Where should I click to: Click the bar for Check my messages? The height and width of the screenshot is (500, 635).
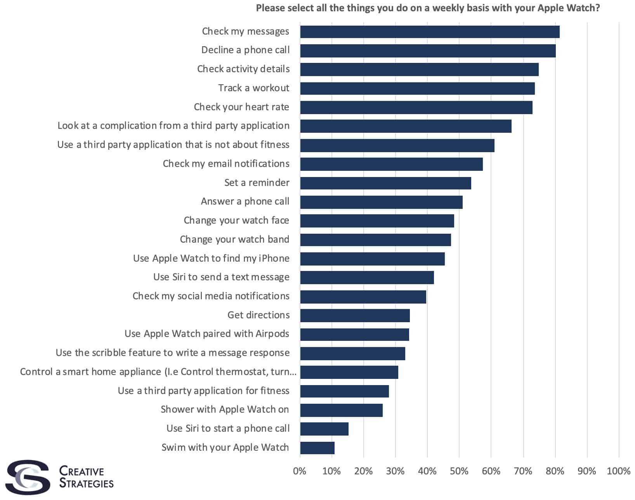coord(430,32)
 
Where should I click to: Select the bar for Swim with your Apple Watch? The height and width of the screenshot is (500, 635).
coord(317,448)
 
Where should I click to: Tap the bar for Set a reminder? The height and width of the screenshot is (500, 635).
coord(385,183)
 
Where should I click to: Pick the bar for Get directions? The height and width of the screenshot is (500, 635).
coord(355,316)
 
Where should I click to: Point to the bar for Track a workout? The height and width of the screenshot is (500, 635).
coord(417,89)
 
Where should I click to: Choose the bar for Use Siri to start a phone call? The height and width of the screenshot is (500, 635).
coord(324,429)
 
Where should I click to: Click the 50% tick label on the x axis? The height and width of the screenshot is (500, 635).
coord(459,471)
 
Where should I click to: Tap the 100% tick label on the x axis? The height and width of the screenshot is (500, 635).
coord(618,471)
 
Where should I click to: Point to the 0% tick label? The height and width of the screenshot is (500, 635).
coord(300,471)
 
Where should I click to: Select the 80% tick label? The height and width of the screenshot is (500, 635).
coord(555,471)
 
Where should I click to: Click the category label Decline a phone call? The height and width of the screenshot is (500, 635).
coord(245,50)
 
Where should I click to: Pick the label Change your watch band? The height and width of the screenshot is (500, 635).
coord(234,240)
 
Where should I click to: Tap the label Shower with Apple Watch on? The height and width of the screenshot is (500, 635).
coord(225,410)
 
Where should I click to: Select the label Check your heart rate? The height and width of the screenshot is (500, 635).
coord(241,107)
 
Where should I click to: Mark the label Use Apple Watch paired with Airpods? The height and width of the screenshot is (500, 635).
coord(207,334)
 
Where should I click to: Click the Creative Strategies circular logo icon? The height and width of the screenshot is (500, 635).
coord(28,477)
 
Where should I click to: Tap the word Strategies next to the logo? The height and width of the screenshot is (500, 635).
coord(86,483)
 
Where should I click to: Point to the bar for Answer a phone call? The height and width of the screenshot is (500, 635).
coord(381,202)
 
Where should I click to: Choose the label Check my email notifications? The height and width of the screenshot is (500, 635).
coord(226,164)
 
